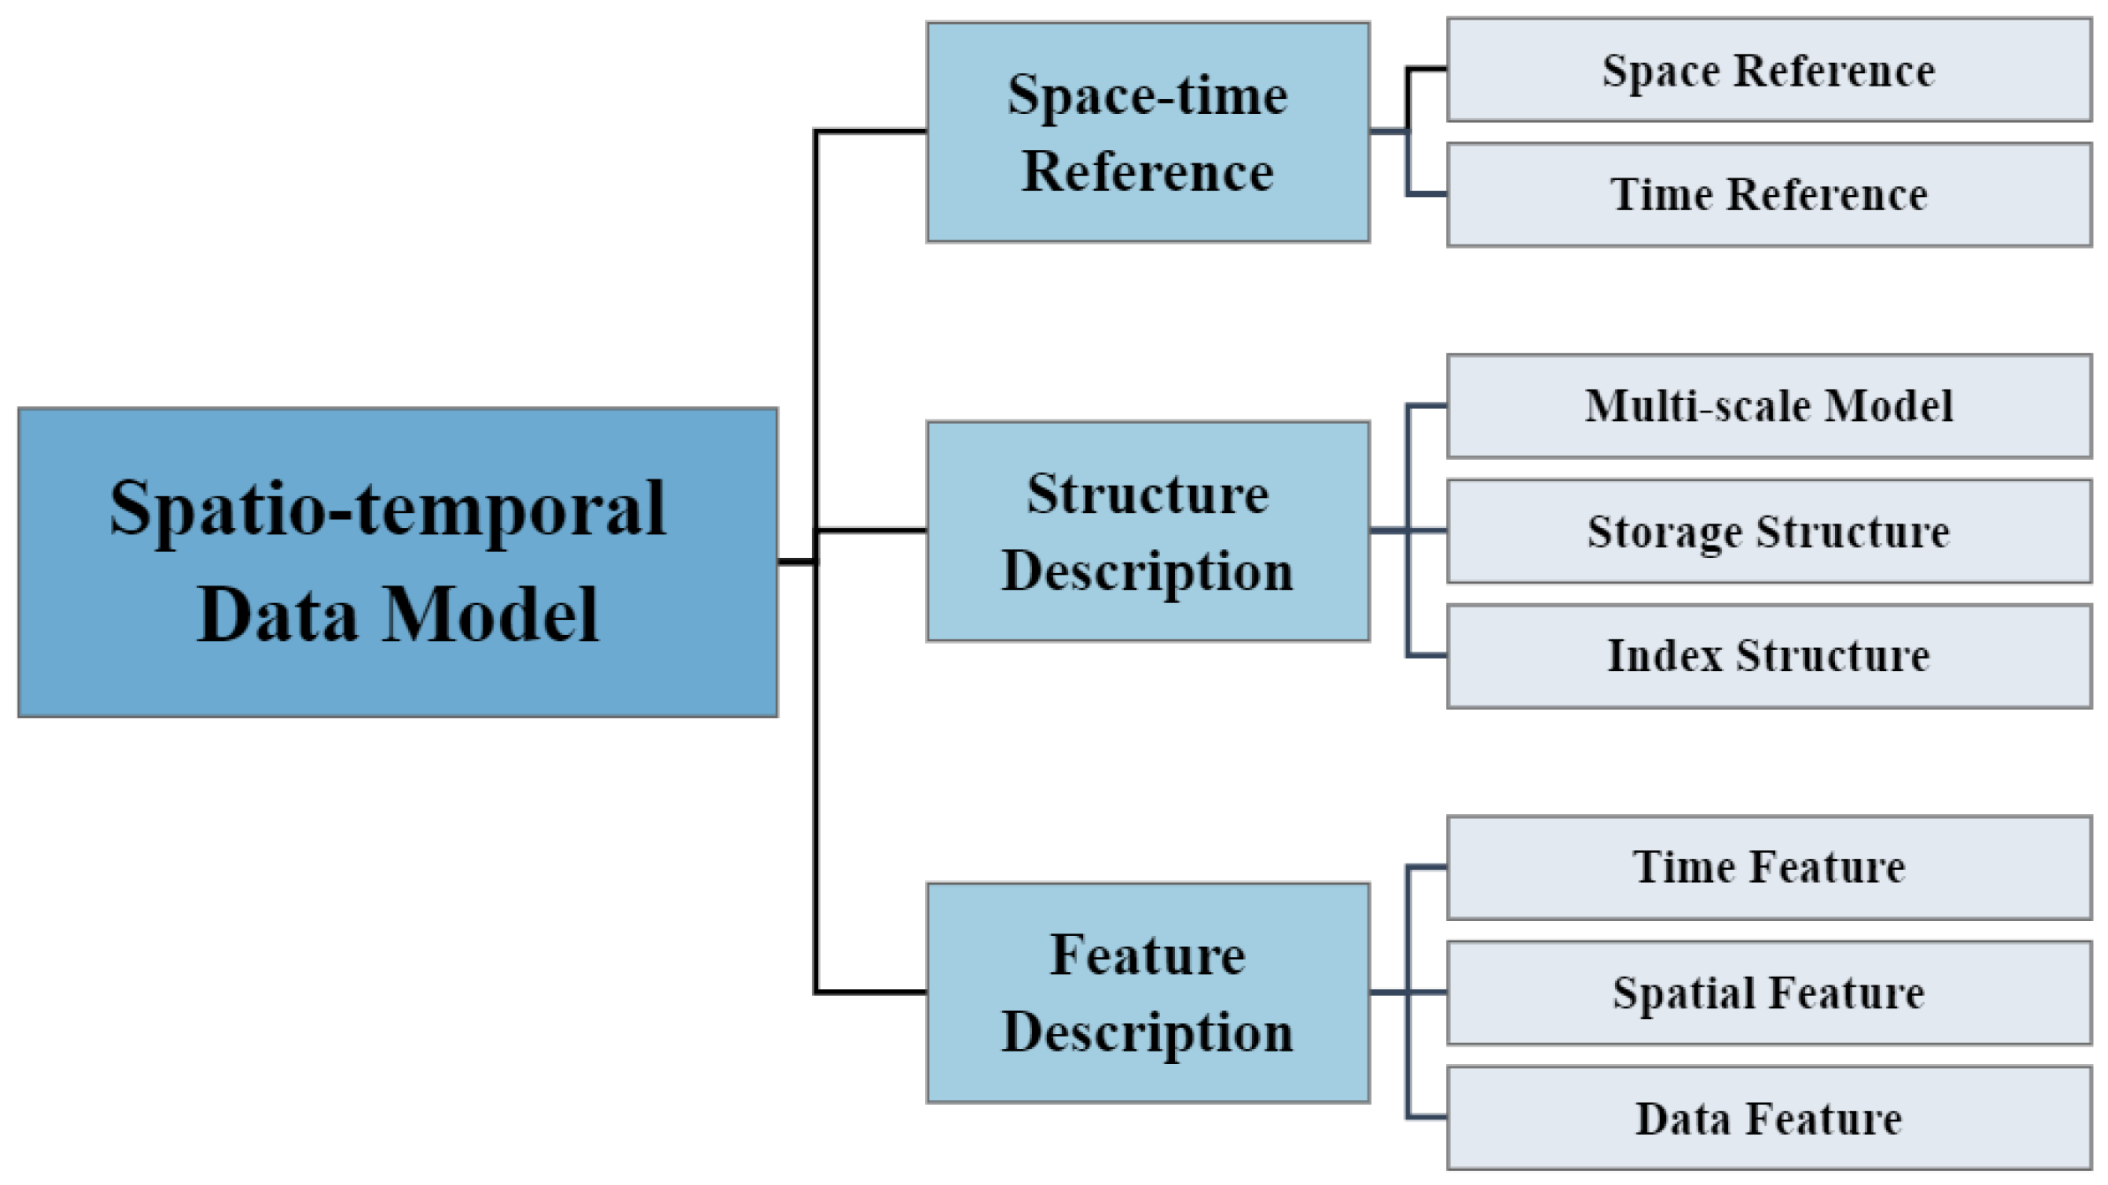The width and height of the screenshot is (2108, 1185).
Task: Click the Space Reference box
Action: point(1768,70)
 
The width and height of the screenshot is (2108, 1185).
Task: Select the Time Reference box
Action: point(1768,194)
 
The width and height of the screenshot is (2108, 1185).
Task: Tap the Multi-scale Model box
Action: point(1768,406)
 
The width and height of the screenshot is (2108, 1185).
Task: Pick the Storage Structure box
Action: point(1768,532)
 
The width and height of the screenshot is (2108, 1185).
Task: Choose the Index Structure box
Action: point(1768,656)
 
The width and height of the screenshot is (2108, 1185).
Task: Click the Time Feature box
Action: point(1768,867)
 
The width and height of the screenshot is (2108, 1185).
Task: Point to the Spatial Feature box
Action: point(1768,993)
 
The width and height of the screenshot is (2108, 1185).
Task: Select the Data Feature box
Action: point(1768,1118)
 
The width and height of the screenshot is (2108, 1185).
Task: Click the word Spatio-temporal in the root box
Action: point(387,509)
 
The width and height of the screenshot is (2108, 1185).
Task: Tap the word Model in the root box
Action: point(491,615)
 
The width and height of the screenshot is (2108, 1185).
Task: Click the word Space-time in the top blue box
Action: point(1147,94)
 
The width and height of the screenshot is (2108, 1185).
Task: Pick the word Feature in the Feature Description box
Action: point(1147,955)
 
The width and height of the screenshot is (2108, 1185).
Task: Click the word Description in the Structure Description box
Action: point(1147,571)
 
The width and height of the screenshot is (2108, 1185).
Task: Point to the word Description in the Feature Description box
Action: point(1147,1032)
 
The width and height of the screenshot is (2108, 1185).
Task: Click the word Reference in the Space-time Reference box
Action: point(1147,171)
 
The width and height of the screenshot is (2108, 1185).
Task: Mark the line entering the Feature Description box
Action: point(870,992)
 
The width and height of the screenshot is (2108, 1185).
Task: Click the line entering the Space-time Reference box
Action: point(870,132)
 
